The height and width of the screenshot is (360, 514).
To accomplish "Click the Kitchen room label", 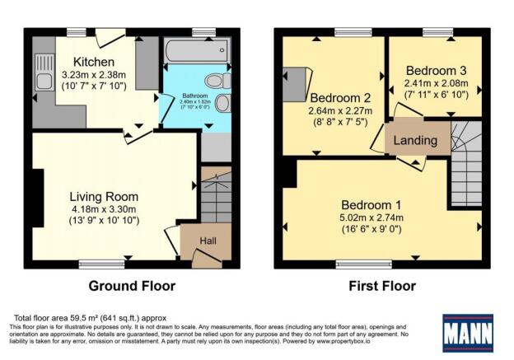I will [87, 63].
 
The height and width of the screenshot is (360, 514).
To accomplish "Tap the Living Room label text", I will [103, 197].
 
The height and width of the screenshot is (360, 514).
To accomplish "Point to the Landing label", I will [415, 140].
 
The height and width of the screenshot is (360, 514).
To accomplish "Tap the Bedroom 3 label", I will [435, 70].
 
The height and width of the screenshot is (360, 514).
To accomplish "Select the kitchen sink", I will [44, 80].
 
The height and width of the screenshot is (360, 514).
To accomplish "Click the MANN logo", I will [467, 333].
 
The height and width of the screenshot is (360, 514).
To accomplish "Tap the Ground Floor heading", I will [132, 286].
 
